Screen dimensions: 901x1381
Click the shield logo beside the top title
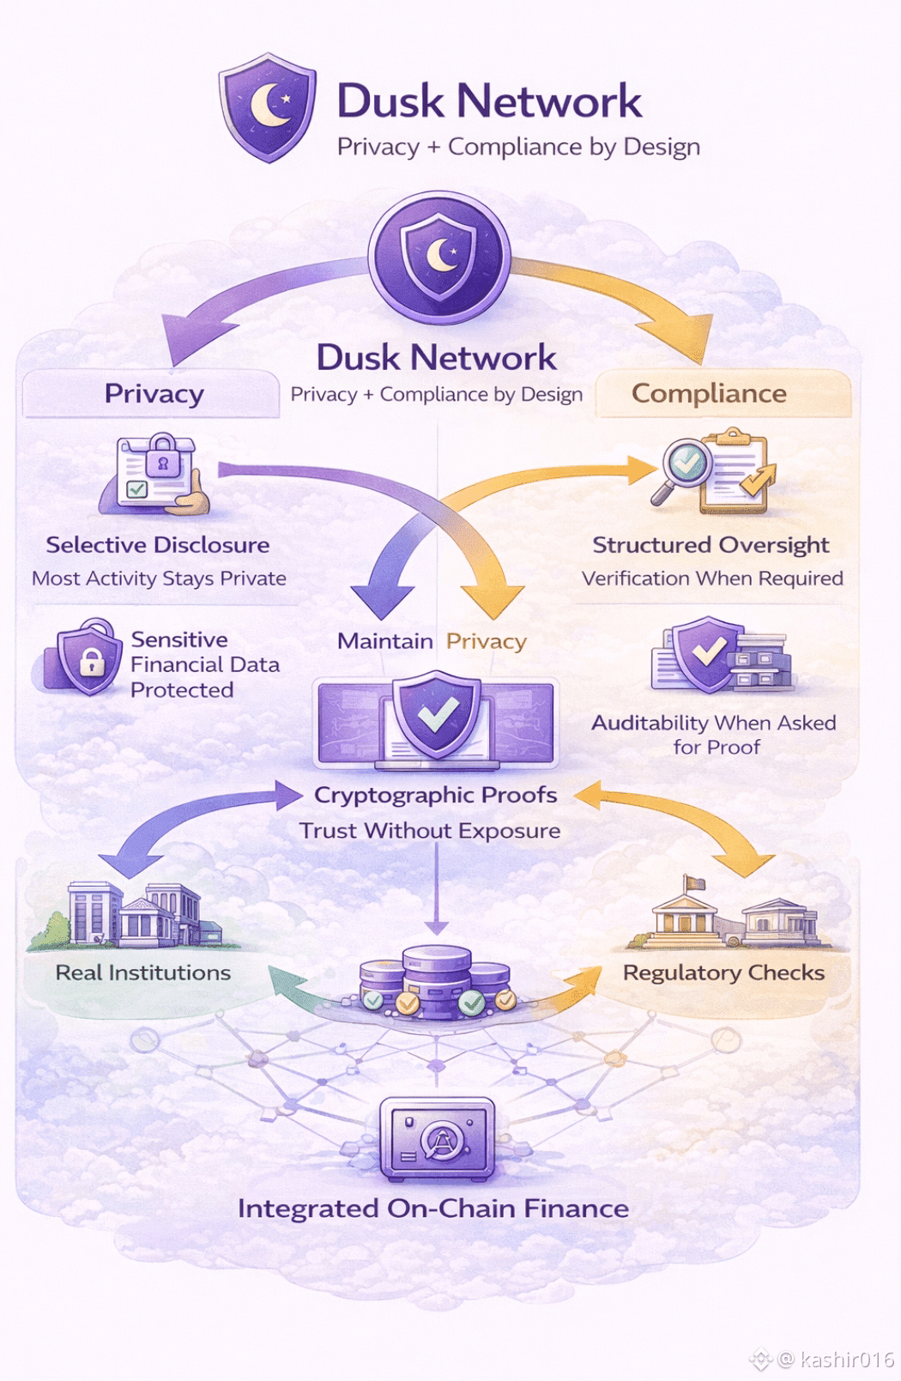point(268,107)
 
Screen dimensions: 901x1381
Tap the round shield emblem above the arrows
point(439,256)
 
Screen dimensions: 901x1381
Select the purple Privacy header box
point(153,394)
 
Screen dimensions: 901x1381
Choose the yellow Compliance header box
point(709,394)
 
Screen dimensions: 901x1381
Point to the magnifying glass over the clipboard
point(682,468)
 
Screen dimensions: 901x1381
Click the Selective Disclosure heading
point(158,545)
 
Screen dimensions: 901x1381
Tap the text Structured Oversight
point(711,545)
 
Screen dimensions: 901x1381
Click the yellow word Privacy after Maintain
point(486,641)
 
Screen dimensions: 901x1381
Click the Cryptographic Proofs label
point(436,795)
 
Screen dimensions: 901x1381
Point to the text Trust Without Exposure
point(430,831)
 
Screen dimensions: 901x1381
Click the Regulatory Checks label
point(723,972)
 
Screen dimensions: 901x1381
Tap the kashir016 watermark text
point(846,1359)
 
